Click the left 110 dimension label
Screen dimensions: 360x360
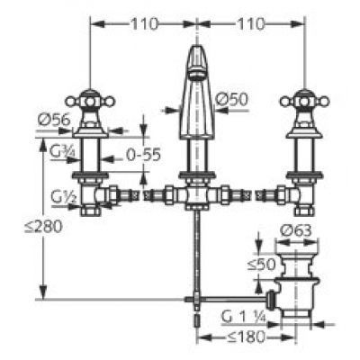click(x=144, y=24)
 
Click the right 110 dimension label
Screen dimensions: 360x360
click(x=251, y=24)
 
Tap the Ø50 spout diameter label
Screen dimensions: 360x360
click(x=232, y=99)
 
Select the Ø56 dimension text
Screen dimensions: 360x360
click(x=54, y=120)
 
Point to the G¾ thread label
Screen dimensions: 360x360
click(x=62, y=153)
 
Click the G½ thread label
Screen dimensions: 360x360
click(x=63, y=197)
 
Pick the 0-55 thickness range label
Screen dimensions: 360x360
click(x=143, y=155)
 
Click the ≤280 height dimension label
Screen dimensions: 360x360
click(x=43, y=227)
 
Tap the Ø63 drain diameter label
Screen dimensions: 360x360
click(x=295, y=231)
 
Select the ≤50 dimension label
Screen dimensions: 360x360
click(x=261, y=265)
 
